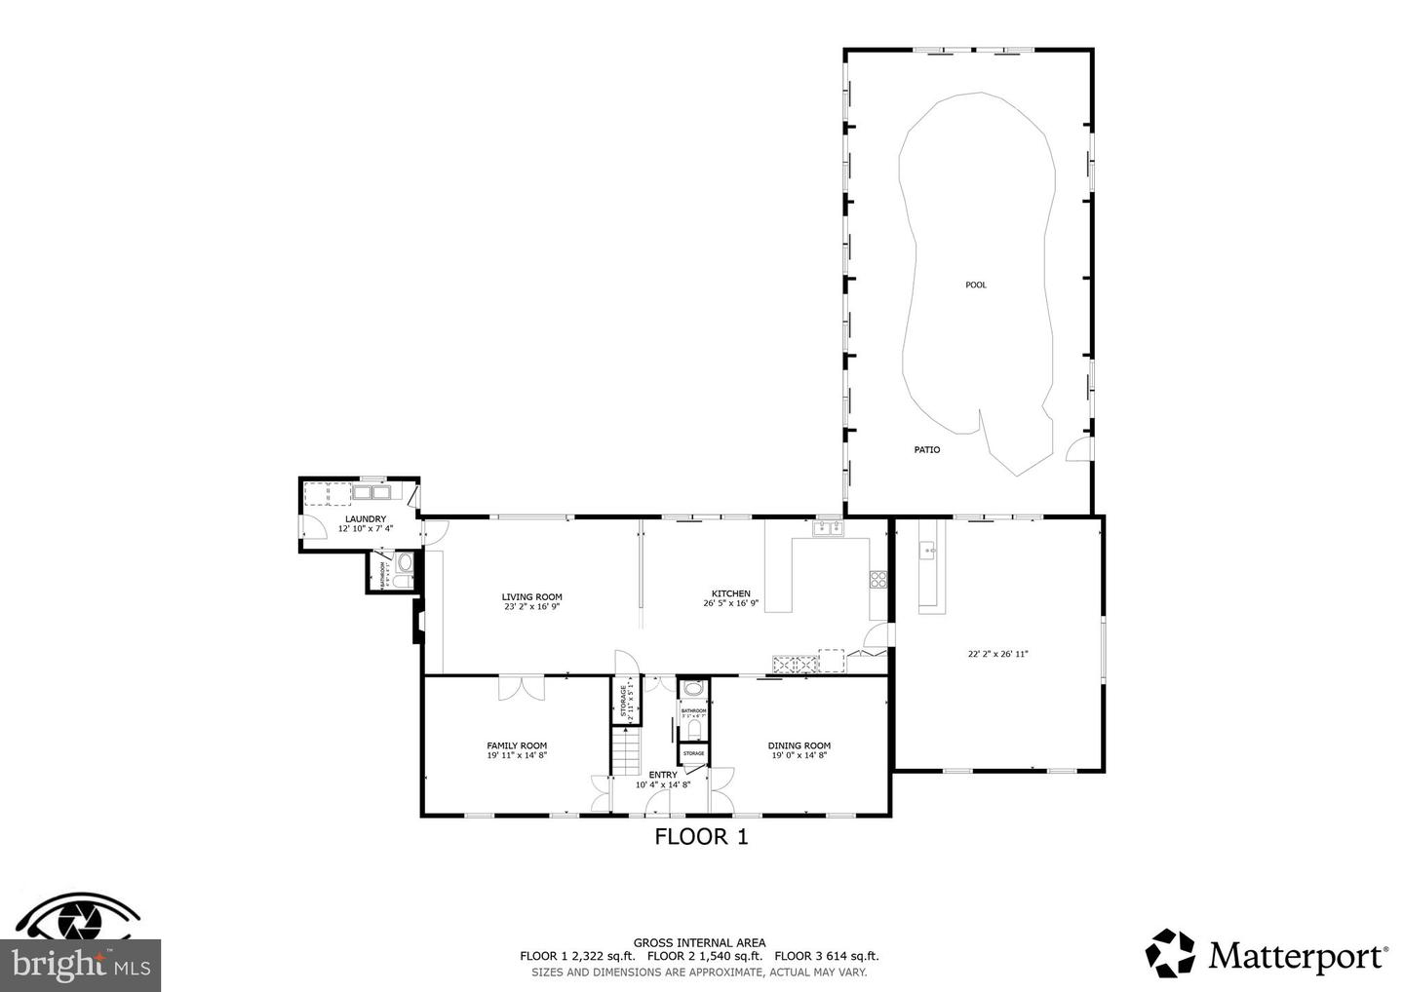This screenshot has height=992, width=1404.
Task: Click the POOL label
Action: click(x=975, y=285)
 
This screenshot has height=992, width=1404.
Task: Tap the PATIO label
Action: click(x=926, y=449)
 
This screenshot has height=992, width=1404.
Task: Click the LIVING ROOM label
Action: click(x=532, y=597)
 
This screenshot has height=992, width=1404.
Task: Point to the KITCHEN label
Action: click(x=730, y=593)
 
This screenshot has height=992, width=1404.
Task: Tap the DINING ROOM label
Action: click(x=799, y=745)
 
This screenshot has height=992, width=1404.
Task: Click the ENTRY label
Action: click(x=662, y=775)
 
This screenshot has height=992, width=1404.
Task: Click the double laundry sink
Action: click(x=370, y=493)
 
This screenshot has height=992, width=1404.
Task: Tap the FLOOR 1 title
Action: click(x=701, y=836)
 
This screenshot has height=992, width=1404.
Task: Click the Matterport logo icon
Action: click(x=1170, y=953)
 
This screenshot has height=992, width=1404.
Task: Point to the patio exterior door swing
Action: click(x=1078, y=449)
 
